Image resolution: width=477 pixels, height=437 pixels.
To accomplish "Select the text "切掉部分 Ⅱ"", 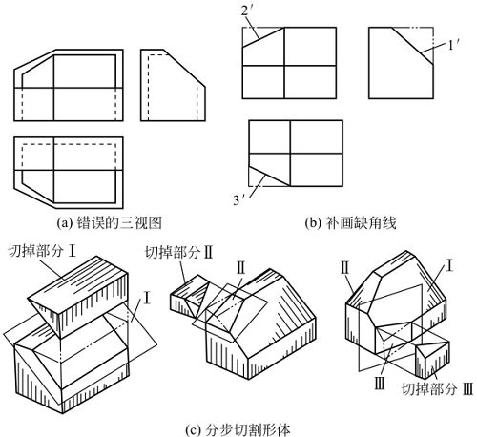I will click(x=181, y=251).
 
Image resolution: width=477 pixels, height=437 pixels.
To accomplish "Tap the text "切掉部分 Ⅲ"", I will click(x=436, y=388).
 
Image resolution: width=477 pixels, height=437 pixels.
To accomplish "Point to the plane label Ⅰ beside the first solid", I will click(x=147, y=297).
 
